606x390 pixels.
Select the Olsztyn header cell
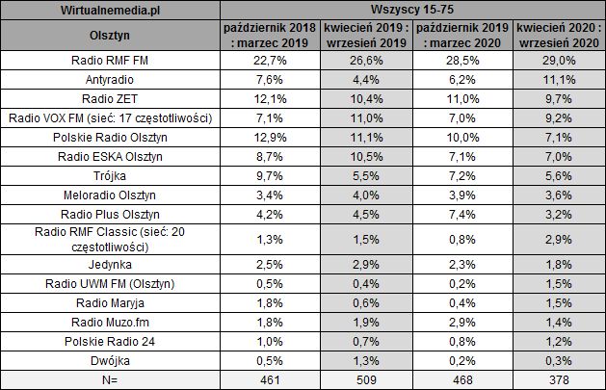(112, 36)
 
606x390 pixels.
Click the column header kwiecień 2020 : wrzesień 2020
(555, 36)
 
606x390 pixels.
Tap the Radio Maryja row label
(112, 301)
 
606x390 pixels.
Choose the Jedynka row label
(112, 263)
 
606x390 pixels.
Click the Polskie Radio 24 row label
(112, 340)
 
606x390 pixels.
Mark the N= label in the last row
(112, 379)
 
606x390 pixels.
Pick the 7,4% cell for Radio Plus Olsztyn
(460, 214)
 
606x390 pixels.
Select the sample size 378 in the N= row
(555, 379)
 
